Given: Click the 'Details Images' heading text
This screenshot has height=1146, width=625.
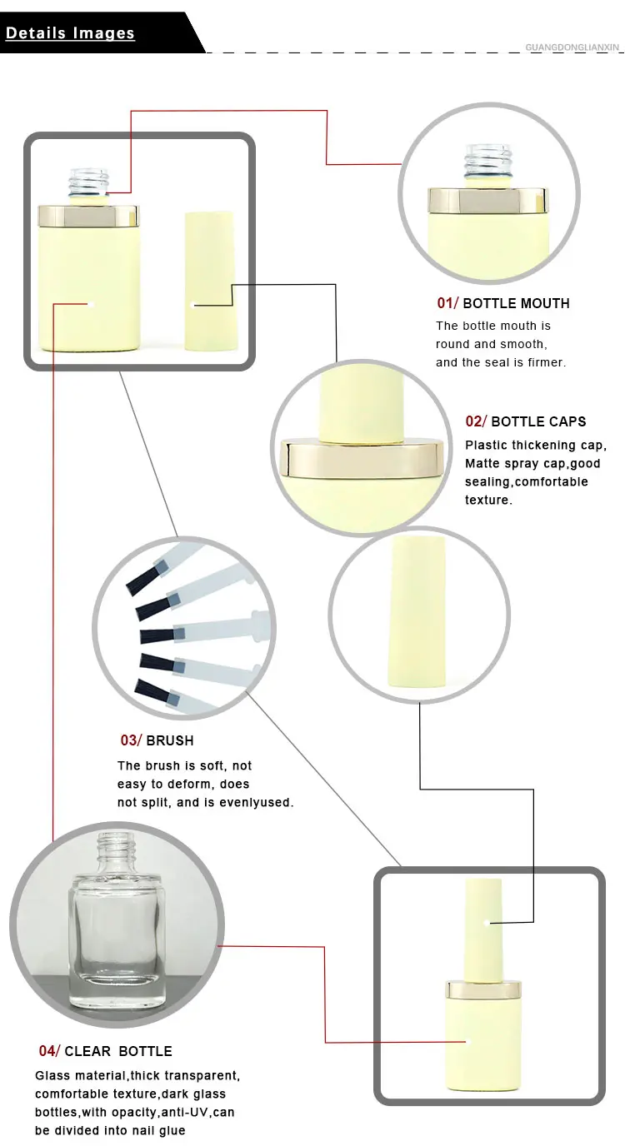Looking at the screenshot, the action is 70,33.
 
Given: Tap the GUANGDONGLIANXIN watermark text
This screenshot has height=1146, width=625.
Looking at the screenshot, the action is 572,47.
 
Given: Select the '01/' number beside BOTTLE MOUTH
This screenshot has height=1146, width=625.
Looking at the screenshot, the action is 447,303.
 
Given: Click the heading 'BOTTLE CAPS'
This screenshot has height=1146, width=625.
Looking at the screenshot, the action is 538,421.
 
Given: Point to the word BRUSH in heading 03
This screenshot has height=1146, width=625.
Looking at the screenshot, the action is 170,740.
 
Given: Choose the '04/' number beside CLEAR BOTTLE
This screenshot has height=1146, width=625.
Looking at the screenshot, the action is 49,1051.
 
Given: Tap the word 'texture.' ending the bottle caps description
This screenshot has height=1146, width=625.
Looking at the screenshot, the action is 488,500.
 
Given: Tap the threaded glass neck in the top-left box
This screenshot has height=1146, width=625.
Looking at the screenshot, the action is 89,182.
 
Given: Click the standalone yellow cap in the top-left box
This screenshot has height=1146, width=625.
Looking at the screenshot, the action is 210,281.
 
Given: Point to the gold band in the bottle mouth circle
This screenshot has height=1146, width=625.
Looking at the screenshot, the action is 487,200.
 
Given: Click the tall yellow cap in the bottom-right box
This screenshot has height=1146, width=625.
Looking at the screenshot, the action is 483,929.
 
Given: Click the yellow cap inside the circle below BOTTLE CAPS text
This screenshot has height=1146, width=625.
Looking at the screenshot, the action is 417,612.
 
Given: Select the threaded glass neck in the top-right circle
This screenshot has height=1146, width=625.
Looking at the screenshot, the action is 488,160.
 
